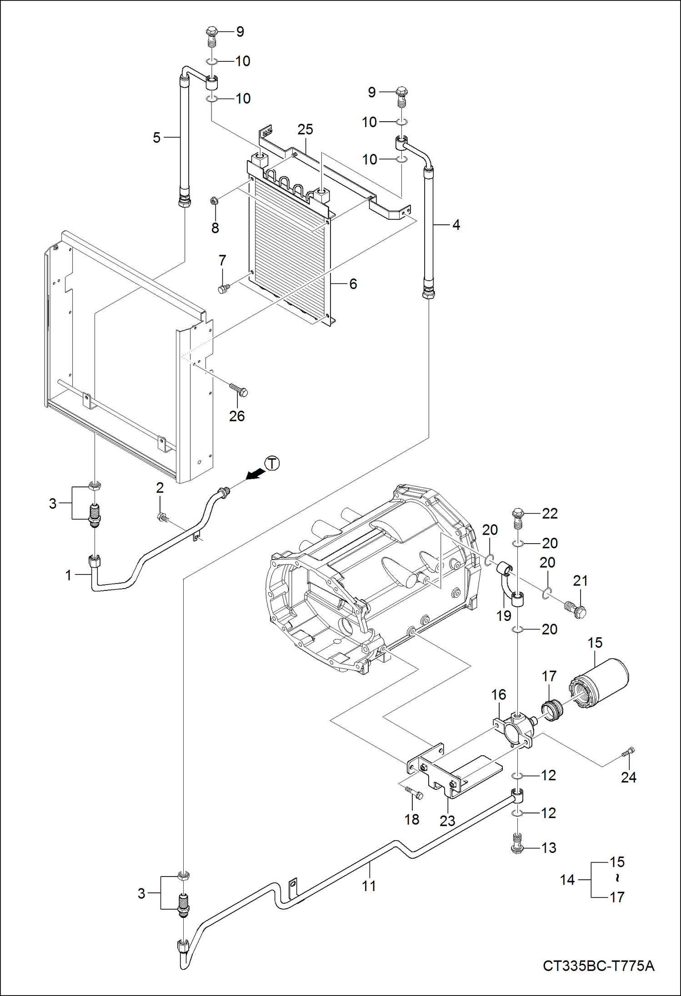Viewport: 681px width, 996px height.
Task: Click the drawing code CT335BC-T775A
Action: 598,966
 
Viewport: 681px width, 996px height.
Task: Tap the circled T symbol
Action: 272,464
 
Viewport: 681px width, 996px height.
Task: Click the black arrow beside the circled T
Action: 255,474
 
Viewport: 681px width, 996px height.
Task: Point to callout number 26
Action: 237,416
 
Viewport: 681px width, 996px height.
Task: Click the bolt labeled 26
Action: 239,390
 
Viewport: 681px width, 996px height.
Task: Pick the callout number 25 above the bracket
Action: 305,129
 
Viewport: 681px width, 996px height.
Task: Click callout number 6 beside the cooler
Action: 353,284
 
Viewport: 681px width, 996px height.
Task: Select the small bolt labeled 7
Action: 223,288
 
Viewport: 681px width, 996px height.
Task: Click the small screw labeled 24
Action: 628,752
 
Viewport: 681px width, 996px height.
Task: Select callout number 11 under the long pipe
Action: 369,886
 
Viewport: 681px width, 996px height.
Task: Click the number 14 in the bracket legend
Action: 567,880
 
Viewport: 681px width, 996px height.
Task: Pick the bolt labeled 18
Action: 414,793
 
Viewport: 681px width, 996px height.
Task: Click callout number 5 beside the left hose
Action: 156,138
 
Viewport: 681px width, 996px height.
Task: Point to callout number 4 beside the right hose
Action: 456,225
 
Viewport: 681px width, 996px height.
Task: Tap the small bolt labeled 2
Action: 162,516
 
